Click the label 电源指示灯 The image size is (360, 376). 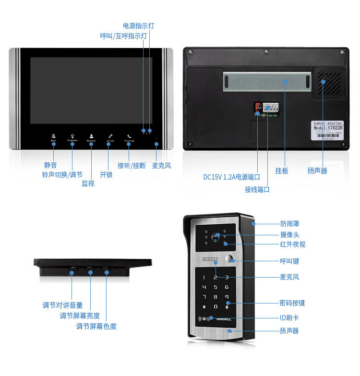click(138, 25)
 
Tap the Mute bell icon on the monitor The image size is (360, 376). click(53, 136)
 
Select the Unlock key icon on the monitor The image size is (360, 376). click(110, 136)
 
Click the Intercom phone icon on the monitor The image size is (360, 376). click(129, 136)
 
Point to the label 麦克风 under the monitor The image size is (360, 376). click(161, 166)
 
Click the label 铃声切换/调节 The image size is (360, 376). click(62, 174)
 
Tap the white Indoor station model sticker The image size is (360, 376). click(328, 130)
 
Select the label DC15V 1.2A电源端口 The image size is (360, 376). click(231, 177)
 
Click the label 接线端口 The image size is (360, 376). click(257, 190)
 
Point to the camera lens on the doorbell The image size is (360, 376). click(216, 236)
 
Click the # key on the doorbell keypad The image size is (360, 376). click(227, 307)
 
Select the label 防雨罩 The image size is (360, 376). click(290, 224)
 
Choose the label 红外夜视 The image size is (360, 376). click(293, 244)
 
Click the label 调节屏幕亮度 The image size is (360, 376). click(80, 315)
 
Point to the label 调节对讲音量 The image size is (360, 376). click(62, 305)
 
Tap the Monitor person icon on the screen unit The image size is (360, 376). click(91, 136)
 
